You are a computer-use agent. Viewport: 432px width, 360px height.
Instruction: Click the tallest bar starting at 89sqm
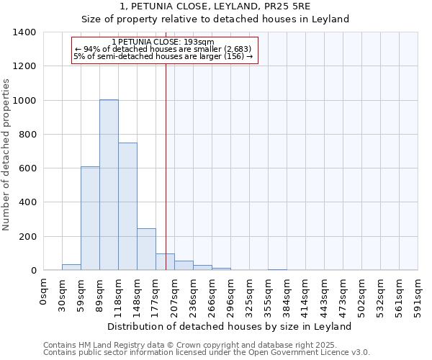coord(109,185)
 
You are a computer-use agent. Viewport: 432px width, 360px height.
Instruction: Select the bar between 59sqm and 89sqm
coord(90,218)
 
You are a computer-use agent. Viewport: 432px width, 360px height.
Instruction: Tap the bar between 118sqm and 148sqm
coord(127,207)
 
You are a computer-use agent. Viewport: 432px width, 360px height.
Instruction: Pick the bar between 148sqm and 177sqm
coord(146,249)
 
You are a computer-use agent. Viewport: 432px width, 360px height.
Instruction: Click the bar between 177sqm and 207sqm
coord(165,262)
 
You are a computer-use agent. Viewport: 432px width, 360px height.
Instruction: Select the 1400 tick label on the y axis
coord(24,32)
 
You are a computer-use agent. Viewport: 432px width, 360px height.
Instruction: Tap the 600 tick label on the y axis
coord(27,168)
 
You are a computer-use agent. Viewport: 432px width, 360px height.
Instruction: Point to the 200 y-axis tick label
coord(27,236)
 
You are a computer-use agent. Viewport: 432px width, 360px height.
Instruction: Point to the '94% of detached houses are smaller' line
coord(163,49)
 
